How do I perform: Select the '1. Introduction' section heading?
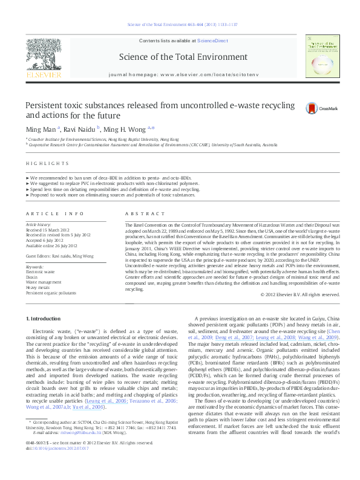(x=45, y=318)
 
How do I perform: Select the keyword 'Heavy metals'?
(x=38, y=287)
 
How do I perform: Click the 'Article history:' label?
(x=39, y=224)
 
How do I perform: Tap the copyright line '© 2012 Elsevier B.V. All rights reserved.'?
(x=300, y=294)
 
